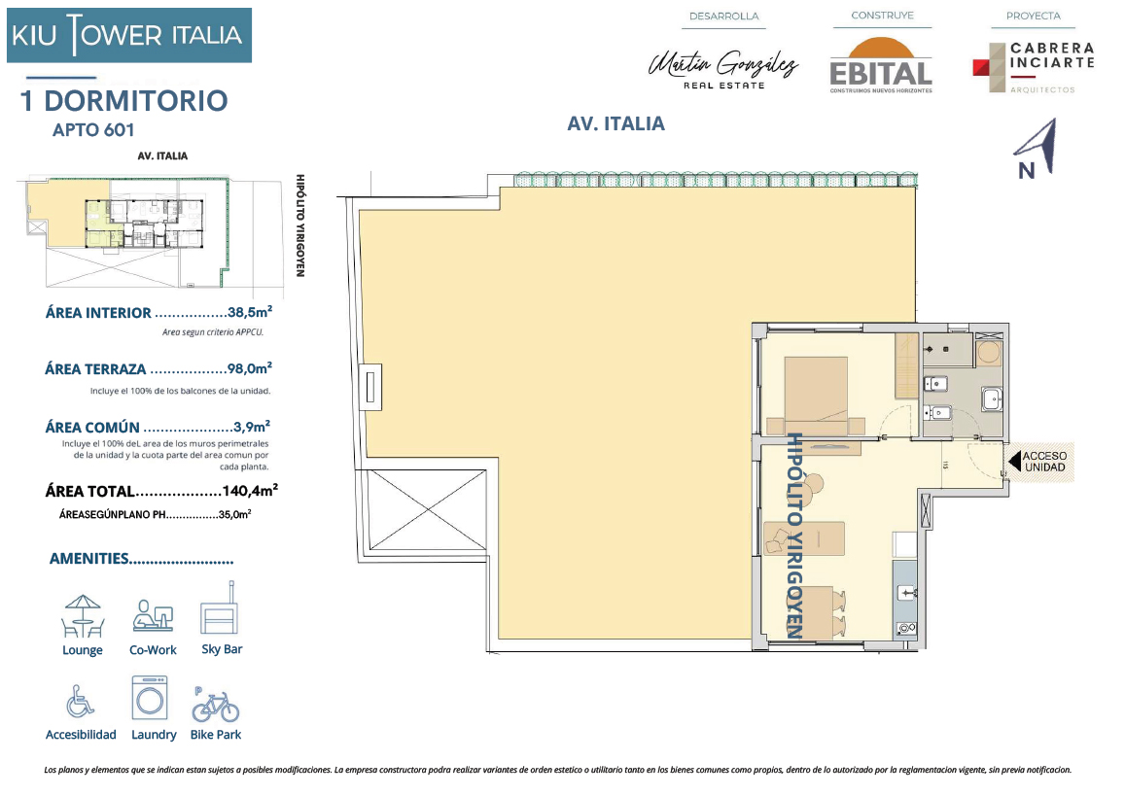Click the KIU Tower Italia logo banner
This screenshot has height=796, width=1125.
coord(129,35)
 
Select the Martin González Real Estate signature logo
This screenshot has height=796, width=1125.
coord(723,70)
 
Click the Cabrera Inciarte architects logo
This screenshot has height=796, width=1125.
coord(1034,67)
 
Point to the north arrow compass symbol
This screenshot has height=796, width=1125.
coord(1037,149)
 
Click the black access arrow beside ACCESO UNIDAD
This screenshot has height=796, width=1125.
coord(1014,461)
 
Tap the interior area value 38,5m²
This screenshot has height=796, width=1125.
coord(250,312)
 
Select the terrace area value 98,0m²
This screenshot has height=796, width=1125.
coord(250,368)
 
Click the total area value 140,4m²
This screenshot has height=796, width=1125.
coord(250,491)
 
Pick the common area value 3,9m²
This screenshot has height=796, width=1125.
coord(252,427)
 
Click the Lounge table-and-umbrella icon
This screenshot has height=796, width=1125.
coord(83,616)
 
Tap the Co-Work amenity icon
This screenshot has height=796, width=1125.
coord(153,616)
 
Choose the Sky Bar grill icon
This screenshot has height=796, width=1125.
coord(220,608)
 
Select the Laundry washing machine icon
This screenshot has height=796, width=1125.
coord(150,698)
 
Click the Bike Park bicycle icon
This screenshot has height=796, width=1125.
coord(215,705)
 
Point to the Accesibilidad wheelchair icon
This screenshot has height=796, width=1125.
coord(80,701)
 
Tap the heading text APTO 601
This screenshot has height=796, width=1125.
coord(93,130)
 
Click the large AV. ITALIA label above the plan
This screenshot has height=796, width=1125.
coord(615,124)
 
